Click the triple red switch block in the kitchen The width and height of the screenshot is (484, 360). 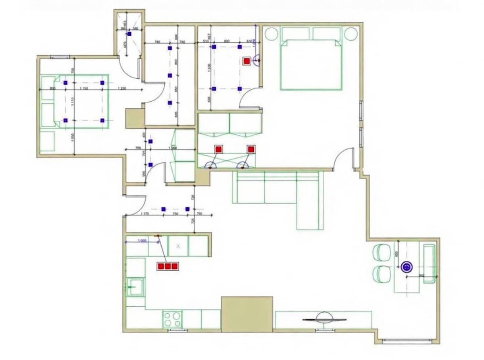coord(168,266)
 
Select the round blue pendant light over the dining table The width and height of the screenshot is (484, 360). coord(407,266)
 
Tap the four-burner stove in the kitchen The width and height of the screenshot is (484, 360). coord(172,319)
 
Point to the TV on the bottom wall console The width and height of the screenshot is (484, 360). coord(324,318)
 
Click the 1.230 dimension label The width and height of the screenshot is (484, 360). coord(123,88)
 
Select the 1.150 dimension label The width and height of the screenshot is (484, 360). coord(84,88)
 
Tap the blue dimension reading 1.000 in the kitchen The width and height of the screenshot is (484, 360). coord(142,241)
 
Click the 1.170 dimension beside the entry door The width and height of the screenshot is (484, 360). coord(145,214)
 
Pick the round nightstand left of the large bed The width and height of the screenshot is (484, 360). coord(271,34)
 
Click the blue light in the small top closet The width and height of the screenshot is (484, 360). coord(129,34)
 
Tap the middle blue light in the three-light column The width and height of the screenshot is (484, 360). coord(170,75)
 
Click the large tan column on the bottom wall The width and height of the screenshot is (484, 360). coord(247,314)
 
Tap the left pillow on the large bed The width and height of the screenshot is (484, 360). coord(295,33)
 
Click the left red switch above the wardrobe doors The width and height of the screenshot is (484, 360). coord(218,149)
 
